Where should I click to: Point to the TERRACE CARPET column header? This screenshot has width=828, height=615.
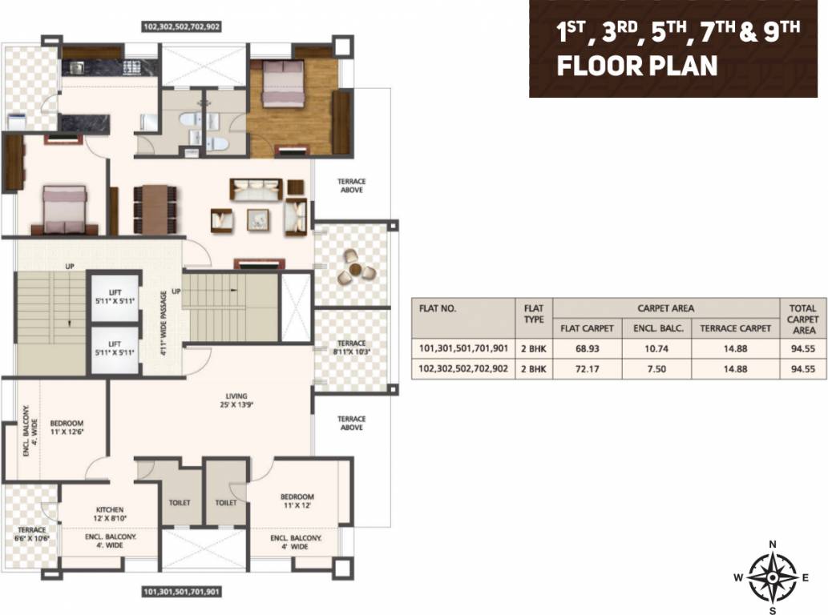pos(735,328)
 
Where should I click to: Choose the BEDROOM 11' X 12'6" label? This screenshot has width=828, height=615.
pos(67,428)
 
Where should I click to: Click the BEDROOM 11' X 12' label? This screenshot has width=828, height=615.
pos(297,501)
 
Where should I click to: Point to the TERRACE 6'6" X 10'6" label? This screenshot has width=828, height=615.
pos(33,534)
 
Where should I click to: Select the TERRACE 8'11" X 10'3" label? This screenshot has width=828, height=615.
pos(351,348)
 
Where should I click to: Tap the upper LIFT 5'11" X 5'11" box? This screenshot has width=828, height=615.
pos(113,299)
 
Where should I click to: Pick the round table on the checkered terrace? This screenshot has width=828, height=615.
pos(353,267)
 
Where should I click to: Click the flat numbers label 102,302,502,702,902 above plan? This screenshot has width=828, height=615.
pos(181,26)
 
